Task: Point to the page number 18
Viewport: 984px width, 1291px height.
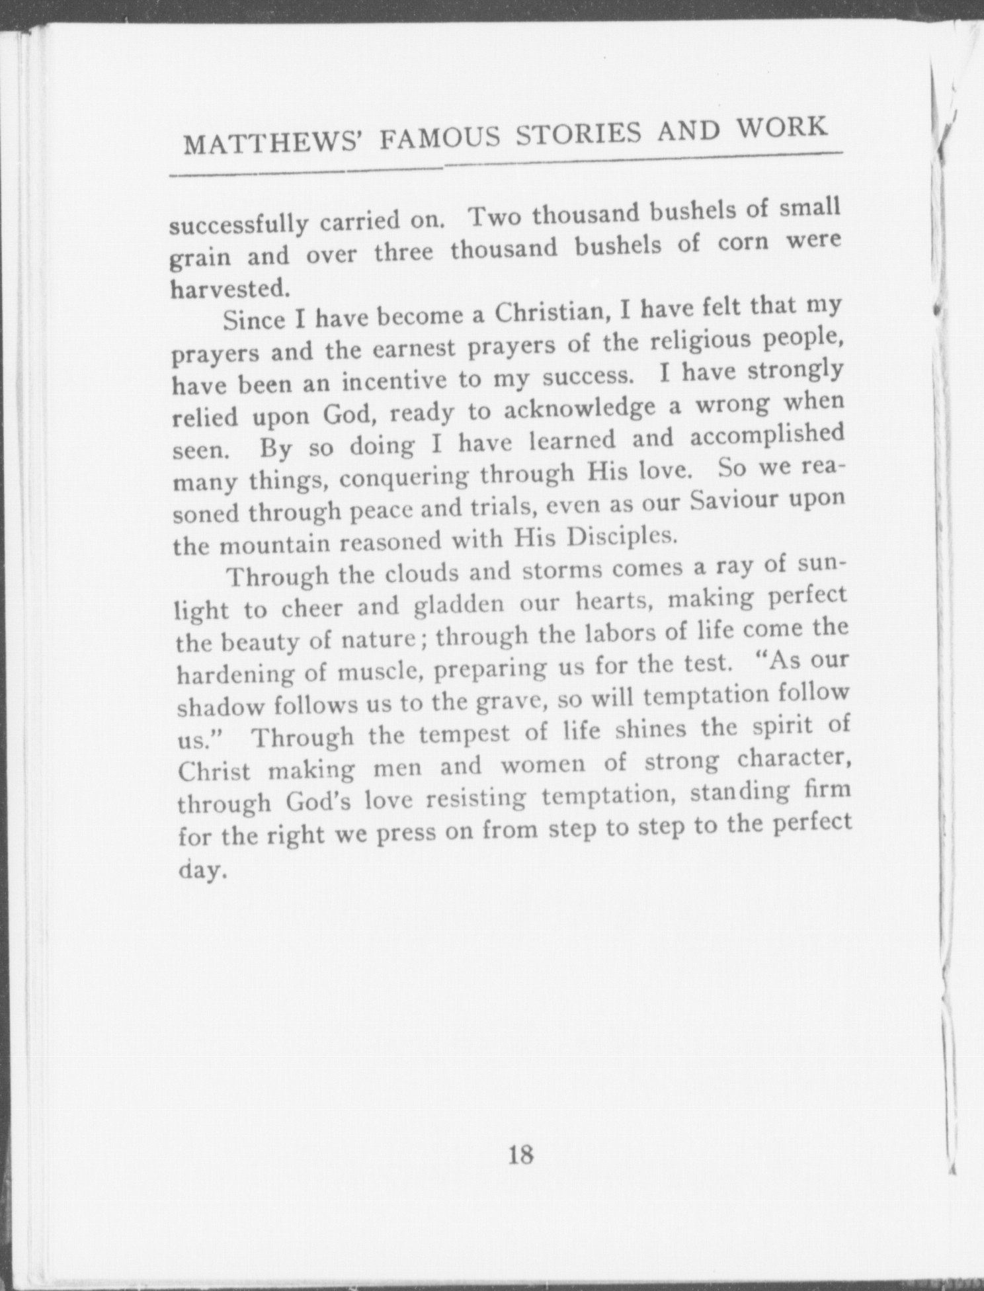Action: [521, 1154]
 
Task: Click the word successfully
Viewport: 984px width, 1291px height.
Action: [239, 225]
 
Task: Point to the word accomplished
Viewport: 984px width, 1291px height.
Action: [767, 437]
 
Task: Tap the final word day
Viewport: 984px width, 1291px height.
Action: [203, 870]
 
